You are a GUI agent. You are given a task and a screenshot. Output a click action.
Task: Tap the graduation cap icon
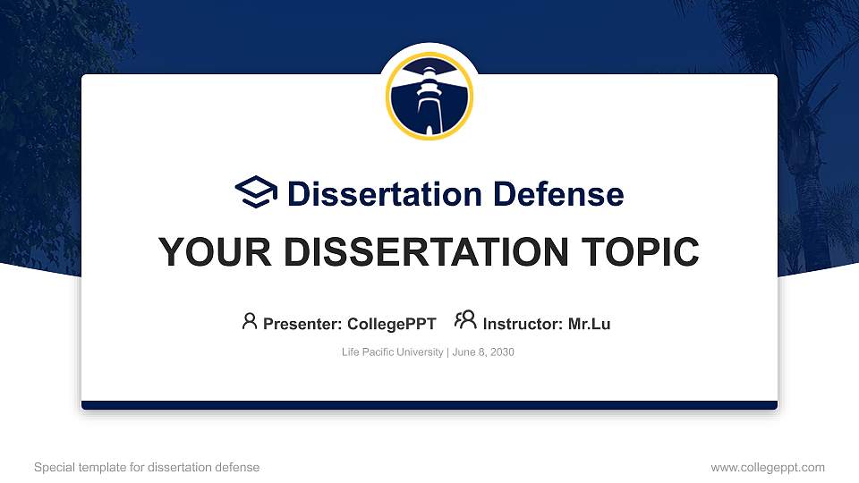point(256,192)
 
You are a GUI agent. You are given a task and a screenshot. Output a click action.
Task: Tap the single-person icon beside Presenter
point(250,321)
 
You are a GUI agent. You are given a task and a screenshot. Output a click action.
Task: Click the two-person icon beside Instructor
point(465,321)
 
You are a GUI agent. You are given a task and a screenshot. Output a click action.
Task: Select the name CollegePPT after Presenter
point(391,324)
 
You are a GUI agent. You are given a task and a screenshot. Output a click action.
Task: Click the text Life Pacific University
point(392,352)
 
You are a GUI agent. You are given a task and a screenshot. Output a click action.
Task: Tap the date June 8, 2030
point(483,352)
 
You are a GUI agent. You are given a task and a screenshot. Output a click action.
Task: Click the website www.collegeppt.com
point(767,467)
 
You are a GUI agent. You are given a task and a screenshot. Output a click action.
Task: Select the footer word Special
point(53,467)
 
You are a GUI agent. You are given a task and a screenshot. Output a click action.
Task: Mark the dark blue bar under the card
point(429,405)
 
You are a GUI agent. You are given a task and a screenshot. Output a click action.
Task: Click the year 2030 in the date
point(501,352)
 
